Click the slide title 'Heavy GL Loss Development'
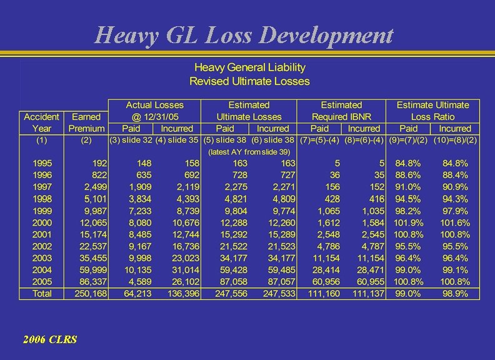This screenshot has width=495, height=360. coord(244,35)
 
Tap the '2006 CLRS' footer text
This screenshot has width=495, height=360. coord(49,339)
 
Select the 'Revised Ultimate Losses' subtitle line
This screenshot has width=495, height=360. coord(249,81)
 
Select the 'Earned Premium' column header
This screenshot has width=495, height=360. coord(87,122)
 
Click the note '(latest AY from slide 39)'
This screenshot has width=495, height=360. coord(249,152)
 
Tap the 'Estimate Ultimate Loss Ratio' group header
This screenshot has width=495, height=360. coord(432,111)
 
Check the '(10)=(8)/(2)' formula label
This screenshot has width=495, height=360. coord(455,140)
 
